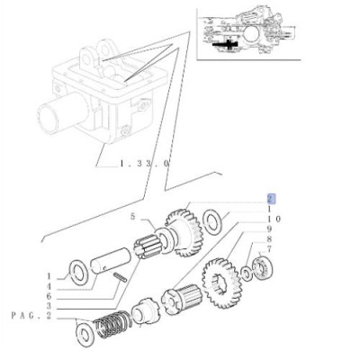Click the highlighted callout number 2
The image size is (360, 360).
(270, 199)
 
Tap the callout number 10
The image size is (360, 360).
(273, 219)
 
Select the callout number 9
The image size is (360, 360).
(269, 229)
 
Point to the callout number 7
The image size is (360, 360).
(269, 249)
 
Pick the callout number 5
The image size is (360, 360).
(133, 216)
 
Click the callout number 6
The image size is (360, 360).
(49, 296)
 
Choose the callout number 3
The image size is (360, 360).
(49, 306)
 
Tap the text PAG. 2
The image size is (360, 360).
(31, 316)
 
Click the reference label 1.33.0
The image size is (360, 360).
(145, 164)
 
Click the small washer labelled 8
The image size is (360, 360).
(247, 274)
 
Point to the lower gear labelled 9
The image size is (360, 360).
(221, 283)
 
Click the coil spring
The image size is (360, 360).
(112, 325)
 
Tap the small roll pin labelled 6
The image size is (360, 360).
(120, 276)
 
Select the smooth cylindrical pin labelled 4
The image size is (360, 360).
(111, 260)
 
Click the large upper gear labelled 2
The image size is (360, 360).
(184, 233)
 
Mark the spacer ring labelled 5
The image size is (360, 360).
(164, 240)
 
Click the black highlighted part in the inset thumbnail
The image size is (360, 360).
(226, 45)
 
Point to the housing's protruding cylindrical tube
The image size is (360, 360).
(62, 112)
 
